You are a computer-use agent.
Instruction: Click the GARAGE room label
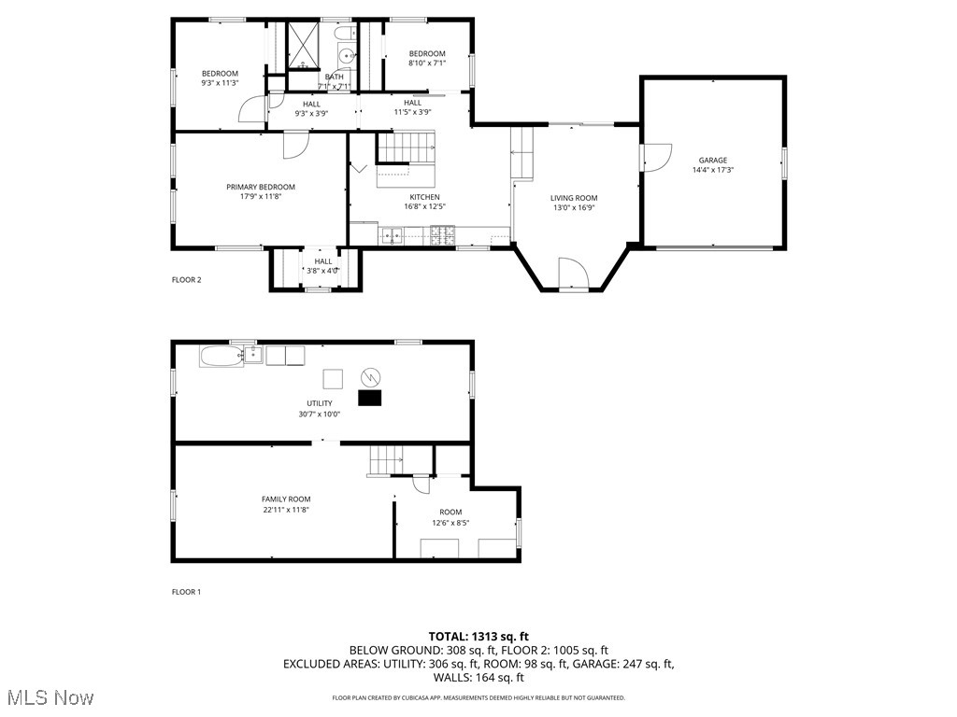point(712,160)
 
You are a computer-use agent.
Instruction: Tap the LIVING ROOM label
point(573,198)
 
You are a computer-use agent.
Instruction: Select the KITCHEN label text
point(423,197)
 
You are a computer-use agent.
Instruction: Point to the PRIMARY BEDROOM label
point(260,187)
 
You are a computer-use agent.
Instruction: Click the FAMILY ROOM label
point(286,499)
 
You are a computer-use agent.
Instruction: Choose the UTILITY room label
point(320,403)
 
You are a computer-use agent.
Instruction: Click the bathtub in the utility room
point(219,356)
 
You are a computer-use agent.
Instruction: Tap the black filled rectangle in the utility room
point(371,399)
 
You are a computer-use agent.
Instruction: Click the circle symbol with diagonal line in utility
point(371,376)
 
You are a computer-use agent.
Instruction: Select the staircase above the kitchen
point(407,147)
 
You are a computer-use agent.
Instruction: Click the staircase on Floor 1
point(385,460)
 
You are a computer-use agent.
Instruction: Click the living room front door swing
point(572,274)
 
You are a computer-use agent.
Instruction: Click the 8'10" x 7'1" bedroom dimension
point(427,63)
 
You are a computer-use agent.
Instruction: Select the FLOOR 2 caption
point(186,280)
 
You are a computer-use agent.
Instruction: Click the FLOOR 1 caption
point(186,592)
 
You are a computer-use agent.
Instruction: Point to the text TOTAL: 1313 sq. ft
point(478,637)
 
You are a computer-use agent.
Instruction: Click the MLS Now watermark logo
point(50,697)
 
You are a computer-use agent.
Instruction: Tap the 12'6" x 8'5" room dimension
point(450,523)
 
